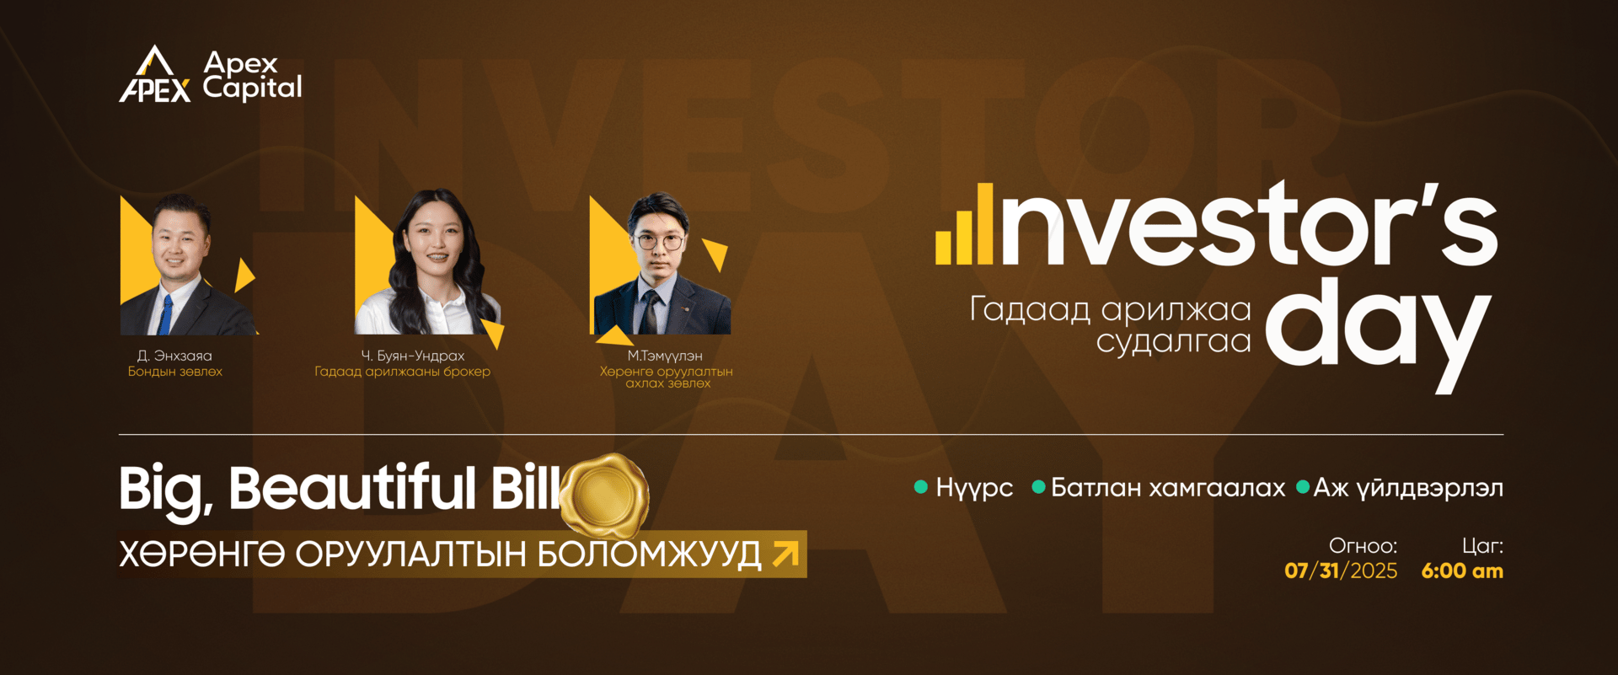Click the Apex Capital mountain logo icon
(x=155, y=74)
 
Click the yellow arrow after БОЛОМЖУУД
(x=785, y=554)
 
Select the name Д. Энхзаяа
(x=174, y=356)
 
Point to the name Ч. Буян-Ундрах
(x=412, y=356)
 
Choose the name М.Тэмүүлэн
(x=664, y=356)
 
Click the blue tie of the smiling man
(x=166, y=314)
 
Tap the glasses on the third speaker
(x=659, y=242)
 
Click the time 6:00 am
(x=1462, y=571)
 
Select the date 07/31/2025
(x=1341, y=571)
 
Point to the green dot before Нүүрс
(x=921, y=486)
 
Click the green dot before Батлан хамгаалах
(x=1039, y=486)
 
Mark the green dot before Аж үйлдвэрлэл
(x=1303, y=486)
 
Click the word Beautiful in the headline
(x=352, y=488)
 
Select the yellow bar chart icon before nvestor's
(x=965, y=224)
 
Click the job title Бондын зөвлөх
(x=174, y=372)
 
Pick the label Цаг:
(x=1482, y=546)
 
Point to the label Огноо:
(x=1363, y=546)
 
